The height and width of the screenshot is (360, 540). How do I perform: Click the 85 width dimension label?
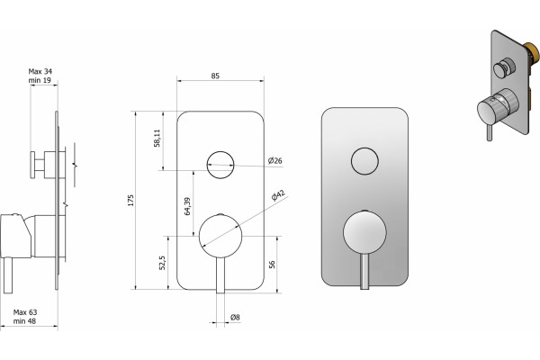215,76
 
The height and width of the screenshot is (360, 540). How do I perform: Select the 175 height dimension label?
130,201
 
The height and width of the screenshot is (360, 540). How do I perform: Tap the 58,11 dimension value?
157,138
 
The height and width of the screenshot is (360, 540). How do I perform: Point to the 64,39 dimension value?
187,206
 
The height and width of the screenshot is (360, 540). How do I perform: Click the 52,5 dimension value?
163,263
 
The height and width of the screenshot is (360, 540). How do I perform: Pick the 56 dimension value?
272,265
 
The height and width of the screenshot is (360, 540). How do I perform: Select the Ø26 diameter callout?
275,160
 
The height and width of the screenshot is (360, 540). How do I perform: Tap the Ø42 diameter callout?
278,195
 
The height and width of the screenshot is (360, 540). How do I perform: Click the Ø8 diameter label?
235,317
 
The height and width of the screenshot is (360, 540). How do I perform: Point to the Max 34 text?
40,71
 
